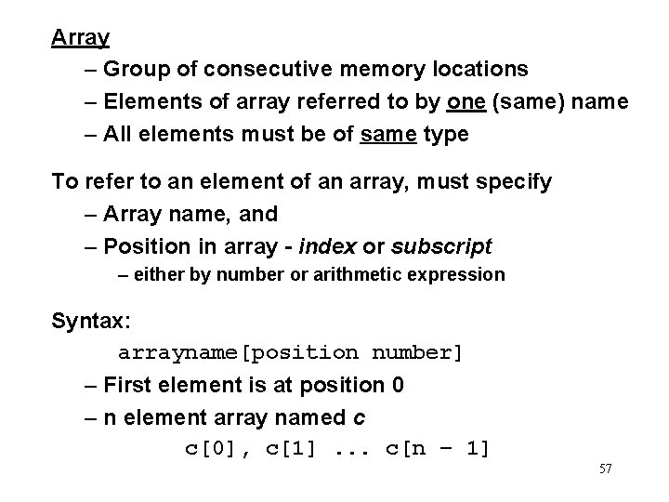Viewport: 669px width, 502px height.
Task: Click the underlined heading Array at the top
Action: [x=81, y=38]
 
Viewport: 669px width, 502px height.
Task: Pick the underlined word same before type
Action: [x=387, y=134]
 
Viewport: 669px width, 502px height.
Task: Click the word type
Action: [x=446, y=134]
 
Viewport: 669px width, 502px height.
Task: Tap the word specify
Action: [x=514, y=181]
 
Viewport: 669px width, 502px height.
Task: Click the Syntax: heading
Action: [x=91, y=322]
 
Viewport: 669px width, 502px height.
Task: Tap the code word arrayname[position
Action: [x=237, y=353]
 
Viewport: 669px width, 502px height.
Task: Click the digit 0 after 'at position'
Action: [x=399, y=385]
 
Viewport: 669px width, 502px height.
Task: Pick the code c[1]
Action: [x=291, y=449]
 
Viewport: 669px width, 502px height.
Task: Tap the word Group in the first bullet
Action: [x=135, y=69]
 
